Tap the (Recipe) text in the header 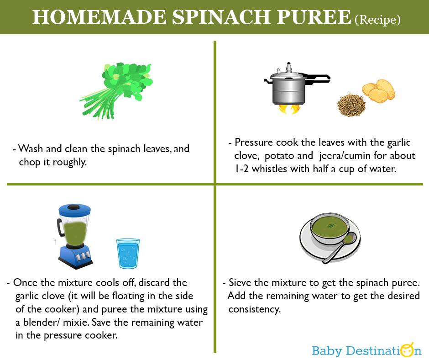(377, 20)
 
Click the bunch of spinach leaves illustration (116, 90)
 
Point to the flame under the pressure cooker (289, 109)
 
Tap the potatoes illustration (378, 90)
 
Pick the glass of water (128, 254)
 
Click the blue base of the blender (75, 256)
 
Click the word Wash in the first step (31, 149)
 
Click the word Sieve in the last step (240, 282)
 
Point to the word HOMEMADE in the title (99, 17)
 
